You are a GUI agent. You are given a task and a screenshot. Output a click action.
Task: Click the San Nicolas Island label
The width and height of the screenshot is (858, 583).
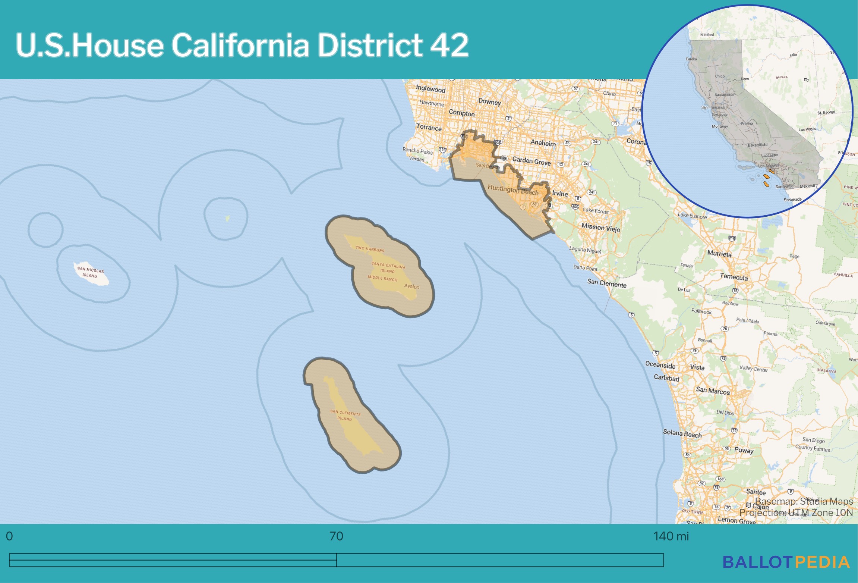point(90,272)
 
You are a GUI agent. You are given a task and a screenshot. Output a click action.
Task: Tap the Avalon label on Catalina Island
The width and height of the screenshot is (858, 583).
point(411,286)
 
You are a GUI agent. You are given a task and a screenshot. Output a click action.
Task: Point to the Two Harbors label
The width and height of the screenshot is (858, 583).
point(369,249)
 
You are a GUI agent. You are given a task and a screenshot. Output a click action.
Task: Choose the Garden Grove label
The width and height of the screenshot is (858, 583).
point(531,161)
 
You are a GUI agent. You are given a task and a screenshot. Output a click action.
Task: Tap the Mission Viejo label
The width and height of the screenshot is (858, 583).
point(600,228)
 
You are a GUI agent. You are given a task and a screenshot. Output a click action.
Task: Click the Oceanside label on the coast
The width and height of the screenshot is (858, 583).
point(660,365)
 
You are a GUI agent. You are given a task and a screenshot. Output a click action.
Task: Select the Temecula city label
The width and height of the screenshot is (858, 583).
point(734,277)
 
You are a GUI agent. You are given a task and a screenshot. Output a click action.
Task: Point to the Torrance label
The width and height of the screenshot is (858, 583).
point(429,127)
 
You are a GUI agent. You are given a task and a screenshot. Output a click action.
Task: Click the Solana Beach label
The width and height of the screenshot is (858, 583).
point(682,433)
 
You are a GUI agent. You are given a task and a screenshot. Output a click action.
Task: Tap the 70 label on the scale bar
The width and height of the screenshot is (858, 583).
point(336,536)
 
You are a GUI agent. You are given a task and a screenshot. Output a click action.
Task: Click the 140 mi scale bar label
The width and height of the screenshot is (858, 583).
point(671,536)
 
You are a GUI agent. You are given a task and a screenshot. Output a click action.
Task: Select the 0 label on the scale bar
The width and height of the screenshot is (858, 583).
point(9,536)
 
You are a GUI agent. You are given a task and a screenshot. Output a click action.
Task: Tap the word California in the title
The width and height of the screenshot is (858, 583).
point(240,45)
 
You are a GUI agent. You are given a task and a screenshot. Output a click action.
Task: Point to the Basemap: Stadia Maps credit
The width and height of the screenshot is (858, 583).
point(804,501)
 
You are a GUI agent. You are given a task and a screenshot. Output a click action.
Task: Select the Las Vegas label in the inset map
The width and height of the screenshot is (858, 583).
point(807,129)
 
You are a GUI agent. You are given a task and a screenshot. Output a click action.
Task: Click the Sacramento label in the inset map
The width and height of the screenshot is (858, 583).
point(724,95)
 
